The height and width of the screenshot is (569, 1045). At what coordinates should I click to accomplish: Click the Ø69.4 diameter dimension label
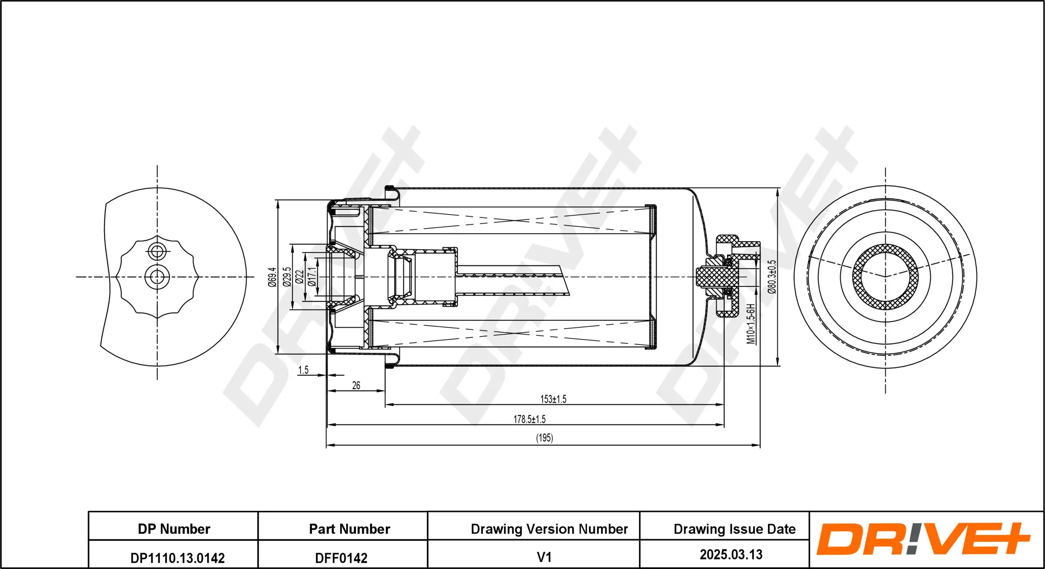pos(272,277)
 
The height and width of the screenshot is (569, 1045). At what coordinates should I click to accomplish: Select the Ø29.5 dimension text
pos(287,277)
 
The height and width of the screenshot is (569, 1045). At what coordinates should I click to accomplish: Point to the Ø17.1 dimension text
pos(312,277)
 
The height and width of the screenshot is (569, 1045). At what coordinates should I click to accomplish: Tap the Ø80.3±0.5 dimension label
pos(772,277)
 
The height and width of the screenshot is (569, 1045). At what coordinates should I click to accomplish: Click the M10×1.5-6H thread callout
pos(751,324)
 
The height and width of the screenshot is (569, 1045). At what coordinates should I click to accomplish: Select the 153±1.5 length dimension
pos(553,399)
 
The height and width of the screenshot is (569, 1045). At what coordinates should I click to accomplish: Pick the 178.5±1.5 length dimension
pos(529,419)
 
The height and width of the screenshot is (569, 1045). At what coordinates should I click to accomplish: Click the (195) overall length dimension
pos(544,438)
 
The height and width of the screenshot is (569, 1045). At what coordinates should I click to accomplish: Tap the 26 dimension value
pos(356,385)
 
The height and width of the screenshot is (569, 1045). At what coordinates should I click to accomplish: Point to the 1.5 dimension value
pos(303,370)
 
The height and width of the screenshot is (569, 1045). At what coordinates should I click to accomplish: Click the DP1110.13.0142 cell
pos(177,558)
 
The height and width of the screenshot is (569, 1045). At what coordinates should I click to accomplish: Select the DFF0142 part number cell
pos(341,558)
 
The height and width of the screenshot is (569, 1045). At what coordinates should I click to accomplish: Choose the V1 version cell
pos(544,557)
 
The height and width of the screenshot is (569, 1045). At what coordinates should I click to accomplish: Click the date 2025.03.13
pos(731,554)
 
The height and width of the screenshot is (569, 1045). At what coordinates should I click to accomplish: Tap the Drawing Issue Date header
pos(734,529)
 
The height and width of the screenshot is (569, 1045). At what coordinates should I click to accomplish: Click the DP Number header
pos(174,529)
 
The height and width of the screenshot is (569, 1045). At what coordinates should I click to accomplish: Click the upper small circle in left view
pos(157,251)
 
